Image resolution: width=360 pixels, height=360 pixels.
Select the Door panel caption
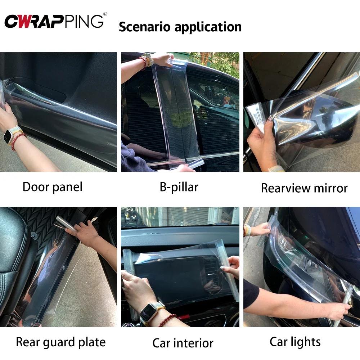point(53,187)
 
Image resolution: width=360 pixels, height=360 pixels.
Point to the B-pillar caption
point(179,186)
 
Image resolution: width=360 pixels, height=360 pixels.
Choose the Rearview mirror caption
point(304,188)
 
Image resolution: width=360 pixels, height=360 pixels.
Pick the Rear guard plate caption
point(61,342)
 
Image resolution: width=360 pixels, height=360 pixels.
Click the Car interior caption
point(183,343)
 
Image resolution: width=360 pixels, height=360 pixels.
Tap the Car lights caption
point(295,342)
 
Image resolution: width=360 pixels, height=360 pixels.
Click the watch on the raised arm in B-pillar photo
point(147,58)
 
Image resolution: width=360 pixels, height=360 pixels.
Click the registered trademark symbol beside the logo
point(105,14)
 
